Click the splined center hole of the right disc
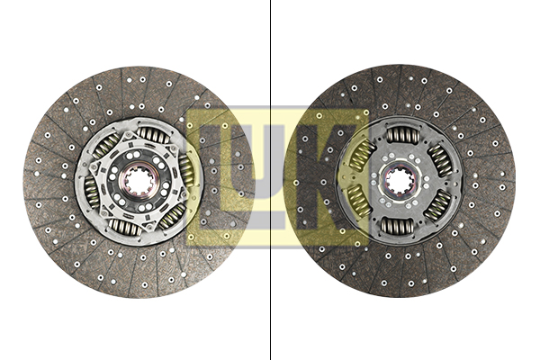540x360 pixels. (399, 180)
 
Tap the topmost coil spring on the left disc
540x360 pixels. (153, 135)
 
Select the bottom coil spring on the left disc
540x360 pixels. (125, 226)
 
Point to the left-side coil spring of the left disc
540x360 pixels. (91, 191)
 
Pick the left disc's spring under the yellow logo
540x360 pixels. (186, 170)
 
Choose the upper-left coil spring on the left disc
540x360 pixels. (106, 146)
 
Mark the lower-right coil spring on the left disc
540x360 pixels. (172, 216)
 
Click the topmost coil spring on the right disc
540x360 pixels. (403, 134)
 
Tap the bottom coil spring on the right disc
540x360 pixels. (398, 226)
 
